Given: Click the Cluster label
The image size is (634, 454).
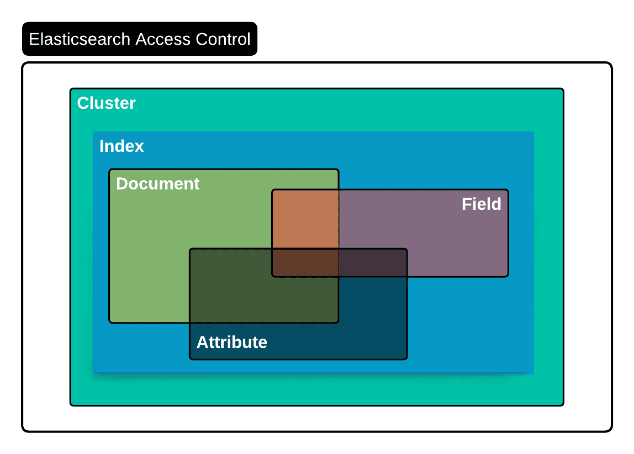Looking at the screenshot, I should coord(107,103).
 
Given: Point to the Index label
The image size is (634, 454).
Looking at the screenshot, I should coord(121,146).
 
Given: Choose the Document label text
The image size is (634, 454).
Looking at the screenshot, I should coord(158,184).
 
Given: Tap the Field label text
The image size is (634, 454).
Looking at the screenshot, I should coord(481,204).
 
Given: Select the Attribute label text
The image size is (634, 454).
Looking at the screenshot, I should coord(232,342).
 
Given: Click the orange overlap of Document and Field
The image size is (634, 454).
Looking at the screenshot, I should coord(305,219).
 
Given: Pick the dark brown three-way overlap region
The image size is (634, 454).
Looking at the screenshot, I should coord(305,262).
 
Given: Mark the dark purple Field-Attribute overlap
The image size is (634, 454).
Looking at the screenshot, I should coord(373,262).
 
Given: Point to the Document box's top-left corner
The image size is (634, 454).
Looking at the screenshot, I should coord(110,170).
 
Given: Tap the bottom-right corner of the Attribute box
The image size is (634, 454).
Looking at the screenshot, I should coord(406,358).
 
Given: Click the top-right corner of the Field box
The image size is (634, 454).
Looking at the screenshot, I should coord(508,191).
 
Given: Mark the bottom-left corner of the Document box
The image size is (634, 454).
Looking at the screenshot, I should coord(110,321).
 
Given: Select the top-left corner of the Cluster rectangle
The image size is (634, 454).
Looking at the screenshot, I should coord(71,89).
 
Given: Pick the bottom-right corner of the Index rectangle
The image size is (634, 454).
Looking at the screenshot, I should coord(533,373).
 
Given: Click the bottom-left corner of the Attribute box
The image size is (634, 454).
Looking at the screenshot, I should coord(191,358).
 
